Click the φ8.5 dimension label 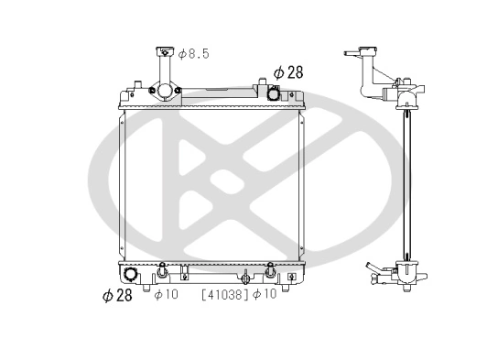click(x=193, y=55)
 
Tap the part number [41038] click(x=224, y=295)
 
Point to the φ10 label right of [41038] click(x=265, y=295)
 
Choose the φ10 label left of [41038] click(x=166, y=295)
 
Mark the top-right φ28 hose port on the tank click(x=273, y=92)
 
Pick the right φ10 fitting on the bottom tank click(x=271, y=270)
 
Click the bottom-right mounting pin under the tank click(x=291, y=285)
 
